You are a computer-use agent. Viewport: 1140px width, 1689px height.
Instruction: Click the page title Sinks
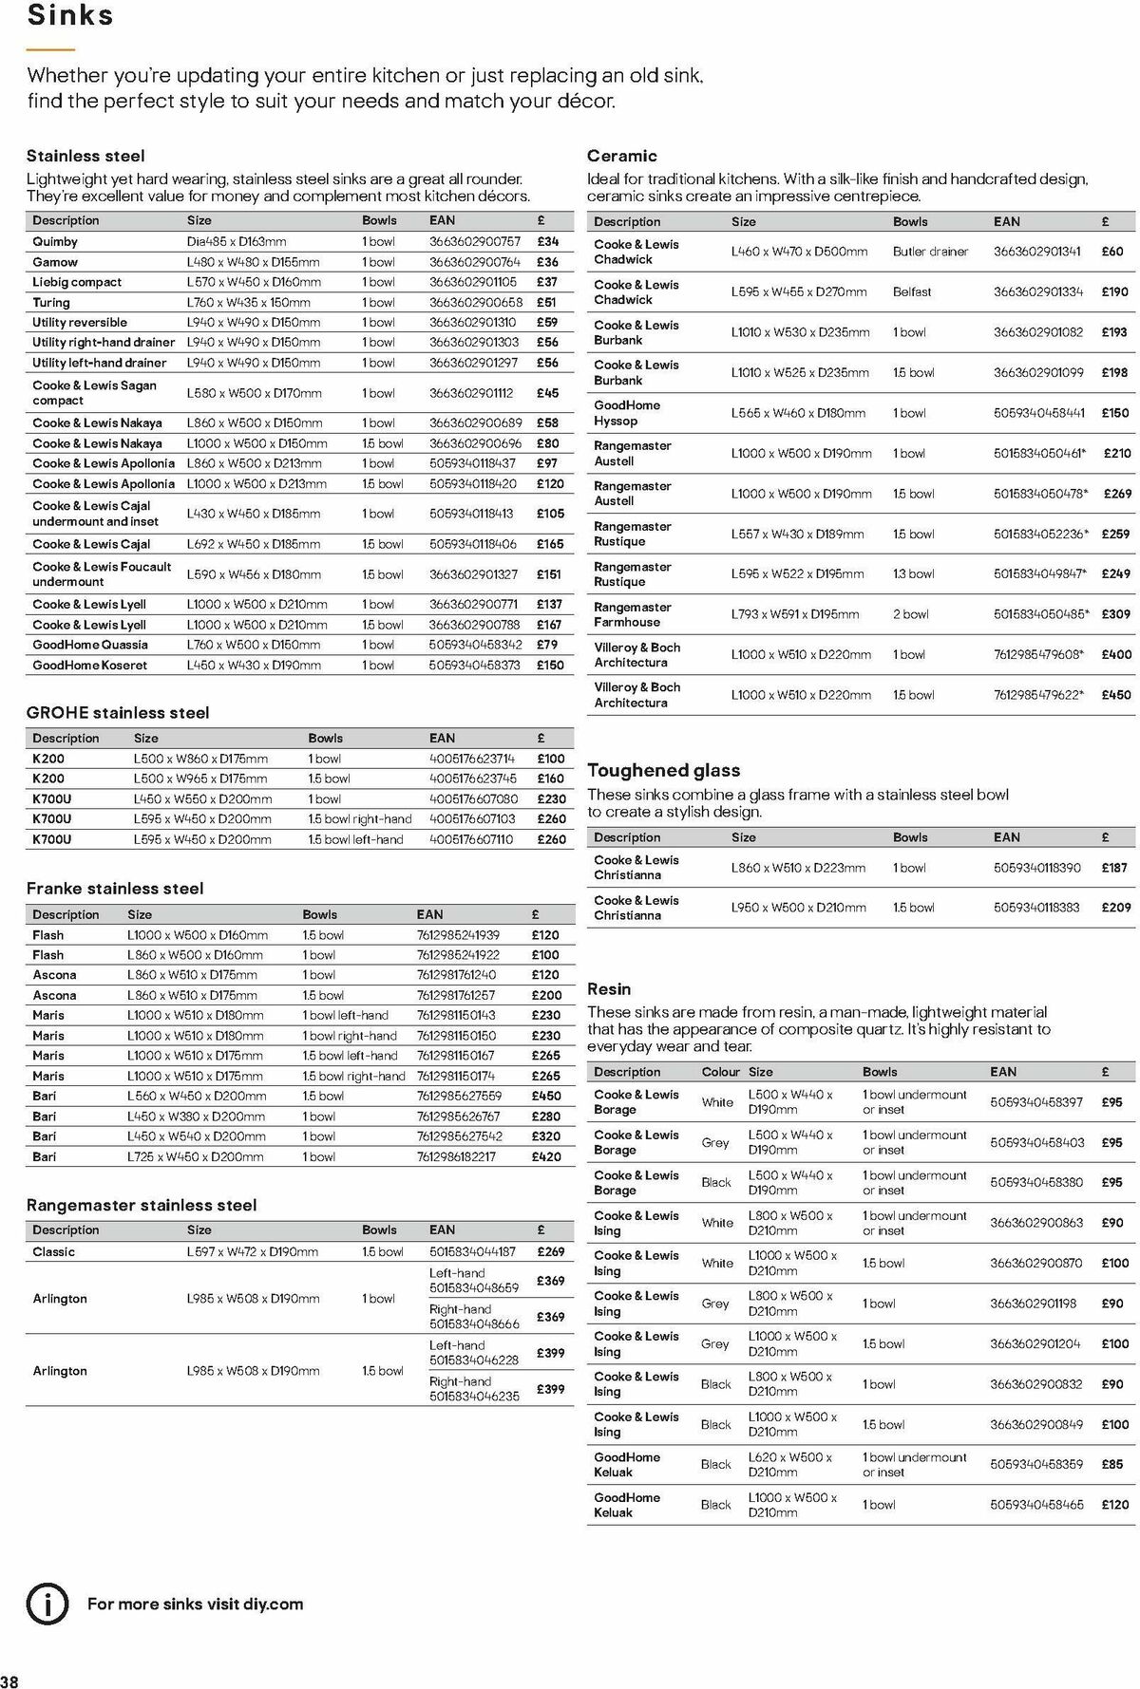(70, 15)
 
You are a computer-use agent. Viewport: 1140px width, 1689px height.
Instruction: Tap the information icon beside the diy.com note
(47, 1604)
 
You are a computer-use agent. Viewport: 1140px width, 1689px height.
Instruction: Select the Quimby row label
(55, 242)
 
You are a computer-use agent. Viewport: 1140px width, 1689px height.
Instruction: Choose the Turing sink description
(51, 302)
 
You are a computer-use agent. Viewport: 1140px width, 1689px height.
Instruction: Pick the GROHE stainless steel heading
(118, 713)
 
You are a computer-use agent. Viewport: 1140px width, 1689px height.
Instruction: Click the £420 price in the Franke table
(546, 1156)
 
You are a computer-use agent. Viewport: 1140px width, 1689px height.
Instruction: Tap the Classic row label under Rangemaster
(53, 1251)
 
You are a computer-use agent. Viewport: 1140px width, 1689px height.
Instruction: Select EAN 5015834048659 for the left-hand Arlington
(474, 1288)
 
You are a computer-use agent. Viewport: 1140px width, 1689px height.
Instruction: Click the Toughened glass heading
(663, 771)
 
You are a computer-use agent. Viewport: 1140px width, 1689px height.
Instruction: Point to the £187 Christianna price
(1113, 868)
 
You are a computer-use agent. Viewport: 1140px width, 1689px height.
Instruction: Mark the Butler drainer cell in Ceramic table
(930, 252)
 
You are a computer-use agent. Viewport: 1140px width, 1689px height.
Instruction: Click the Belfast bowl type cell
(912, 291)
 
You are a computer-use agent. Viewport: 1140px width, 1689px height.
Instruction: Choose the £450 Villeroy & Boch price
(1116, 695)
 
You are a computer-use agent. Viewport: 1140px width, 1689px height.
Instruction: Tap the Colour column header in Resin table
(720, 1072)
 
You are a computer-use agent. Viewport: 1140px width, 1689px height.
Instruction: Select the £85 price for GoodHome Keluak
(1112, 1464)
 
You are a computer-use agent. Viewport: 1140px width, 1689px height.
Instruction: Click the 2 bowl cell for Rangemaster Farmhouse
(910, 614)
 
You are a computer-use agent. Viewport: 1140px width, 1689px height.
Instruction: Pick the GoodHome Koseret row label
(89, 666)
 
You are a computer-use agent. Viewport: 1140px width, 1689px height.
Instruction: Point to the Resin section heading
(609, 989)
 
